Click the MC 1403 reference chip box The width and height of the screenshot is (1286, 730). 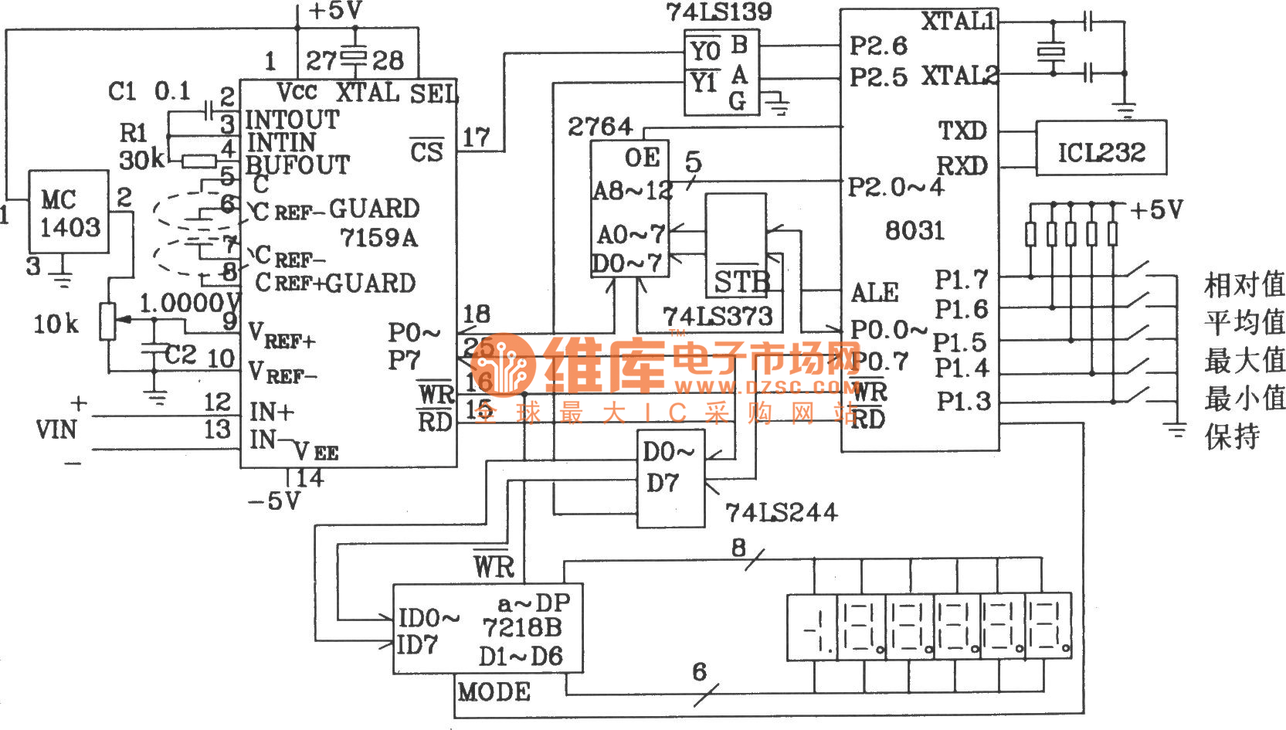(68, 212)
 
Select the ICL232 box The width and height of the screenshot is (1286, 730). (1101, 148)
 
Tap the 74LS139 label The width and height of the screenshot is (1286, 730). (718, 12)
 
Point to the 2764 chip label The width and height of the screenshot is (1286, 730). (600, 127)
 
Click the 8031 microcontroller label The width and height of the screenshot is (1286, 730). (914, 230)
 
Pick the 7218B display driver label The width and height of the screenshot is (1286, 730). (522, 627)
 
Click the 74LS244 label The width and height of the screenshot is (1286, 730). (781, 512)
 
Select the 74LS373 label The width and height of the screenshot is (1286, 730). (718, 316)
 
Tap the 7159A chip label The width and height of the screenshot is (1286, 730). (378, 238)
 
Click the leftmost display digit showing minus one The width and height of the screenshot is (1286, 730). (811, 626)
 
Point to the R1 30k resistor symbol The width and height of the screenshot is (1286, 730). (199, 161)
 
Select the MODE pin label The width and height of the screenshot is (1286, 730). (494, 691)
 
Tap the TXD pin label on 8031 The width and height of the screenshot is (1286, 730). (962, 131)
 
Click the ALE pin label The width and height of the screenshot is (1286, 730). (874, 293)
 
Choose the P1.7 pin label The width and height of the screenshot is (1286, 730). (962, 279)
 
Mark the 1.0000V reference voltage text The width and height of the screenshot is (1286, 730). (190, 303)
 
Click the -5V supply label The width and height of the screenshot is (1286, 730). (274, 501)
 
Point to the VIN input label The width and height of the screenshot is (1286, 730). (56, 430)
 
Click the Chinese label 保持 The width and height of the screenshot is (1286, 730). (1232, 436)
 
